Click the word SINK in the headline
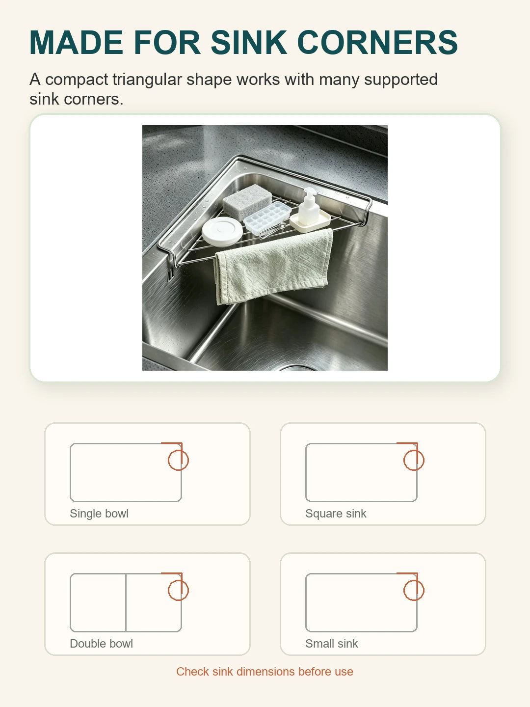click(x=248, y=43)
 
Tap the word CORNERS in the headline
click(x=377, y=43)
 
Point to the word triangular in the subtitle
click(x=147, y=80)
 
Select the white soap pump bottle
click(x=309, y=207)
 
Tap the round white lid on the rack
click(x=222, y=231)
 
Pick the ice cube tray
click(x=267, y=218)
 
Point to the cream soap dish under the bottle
click(x=310, y=221)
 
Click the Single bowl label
click(x=99, y=514)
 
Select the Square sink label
click(x=336, y=514)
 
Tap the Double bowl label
click(x=102, y=644)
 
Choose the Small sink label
click(x=331, y=644)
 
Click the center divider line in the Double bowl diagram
click(x=126, y=602)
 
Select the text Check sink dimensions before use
click(x=265, y=672)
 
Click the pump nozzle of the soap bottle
click(x=309, y=191)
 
